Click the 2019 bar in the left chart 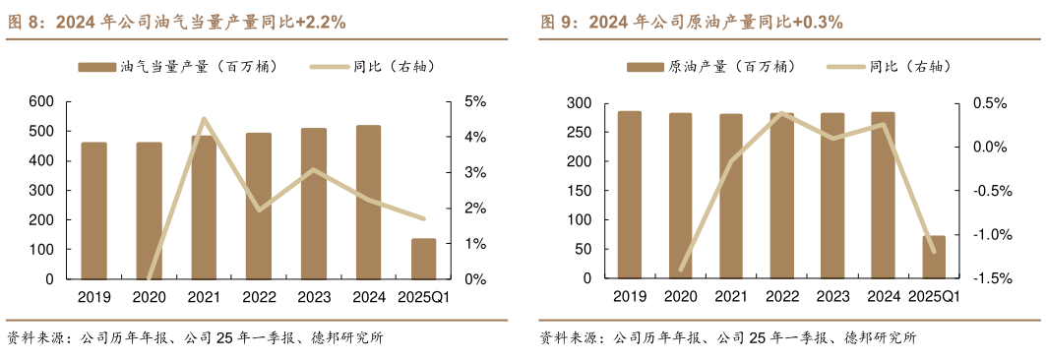[93, 210]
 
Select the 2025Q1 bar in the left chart [423, 259]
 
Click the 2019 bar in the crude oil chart [629, 195]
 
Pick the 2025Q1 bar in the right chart [934, 258]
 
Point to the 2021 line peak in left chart [203, 119]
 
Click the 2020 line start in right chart [681, 270]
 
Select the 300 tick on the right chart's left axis [579, 103]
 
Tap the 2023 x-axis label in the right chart [831, 297]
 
